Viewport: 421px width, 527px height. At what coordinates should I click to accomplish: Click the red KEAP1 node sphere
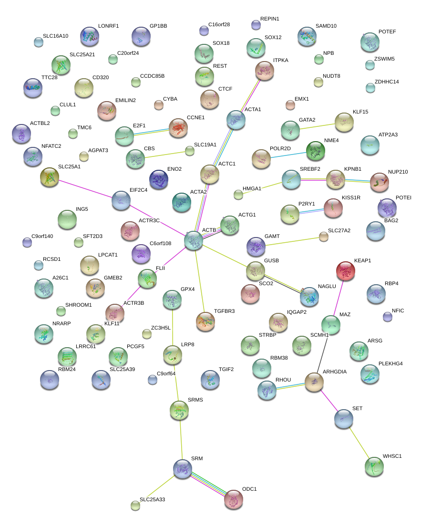346,271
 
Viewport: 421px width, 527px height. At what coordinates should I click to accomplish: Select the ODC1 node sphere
234,499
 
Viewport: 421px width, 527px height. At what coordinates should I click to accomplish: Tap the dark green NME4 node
315,151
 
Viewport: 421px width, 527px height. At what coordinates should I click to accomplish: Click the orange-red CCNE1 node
178,128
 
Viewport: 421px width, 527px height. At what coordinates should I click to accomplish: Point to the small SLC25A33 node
135,506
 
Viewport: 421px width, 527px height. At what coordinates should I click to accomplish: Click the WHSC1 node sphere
374,467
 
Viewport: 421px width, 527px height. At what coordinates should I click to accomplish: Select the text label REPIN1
269,19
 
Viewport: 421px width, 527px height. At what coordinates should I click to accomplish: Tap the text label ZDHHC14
387,82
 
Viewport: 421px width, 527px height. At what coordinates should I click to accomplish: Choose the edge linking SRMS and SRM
181,439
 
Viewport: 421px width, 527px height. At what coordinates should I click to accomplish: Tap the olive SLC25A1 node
50,177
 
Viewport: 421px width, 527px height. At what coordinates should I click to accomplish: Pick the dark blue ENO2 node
159,180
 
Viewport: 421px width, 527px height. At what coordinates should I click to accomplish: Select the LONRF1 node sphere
89,36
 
